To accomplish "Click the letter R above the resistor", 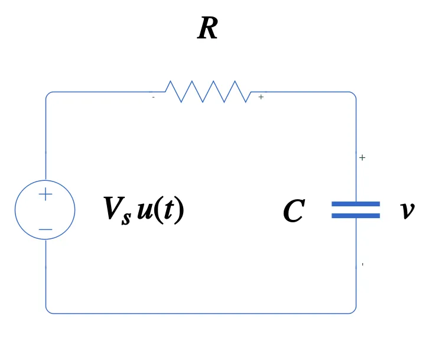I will pos(207,29).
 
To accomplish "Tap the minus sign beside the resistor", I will pos(153,98).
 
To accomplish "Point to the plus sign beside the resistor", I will pos(261,97).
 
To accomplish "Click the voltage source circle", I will pos(45,210).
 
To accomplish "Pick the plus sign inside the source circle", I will pos(46,194).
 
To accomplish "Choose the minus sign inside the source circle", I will pos(46,229).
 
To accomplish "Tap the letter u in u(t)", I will pos(144,210).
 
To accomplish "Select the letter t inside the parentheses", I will pos(168,210).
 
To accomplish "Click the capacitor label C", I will pos(294,211).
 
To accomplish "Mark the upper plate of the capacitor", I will pos(355,204).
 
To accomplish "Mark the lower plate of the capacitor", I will pos(355,216).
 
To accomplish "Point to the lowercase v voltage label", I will pos(407,211).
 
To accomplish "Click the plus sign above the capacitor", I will pos(362,158).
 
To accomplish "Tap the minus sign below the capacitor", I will pos(362,264).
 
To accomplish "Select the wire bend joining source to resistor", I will pos(47,93).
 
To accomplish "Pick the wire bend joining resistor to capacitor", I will pos(355,93).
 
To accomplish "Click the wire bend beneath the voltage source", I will pos(47,312).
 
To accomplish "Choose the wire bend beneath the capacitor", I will pos(355,312).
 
